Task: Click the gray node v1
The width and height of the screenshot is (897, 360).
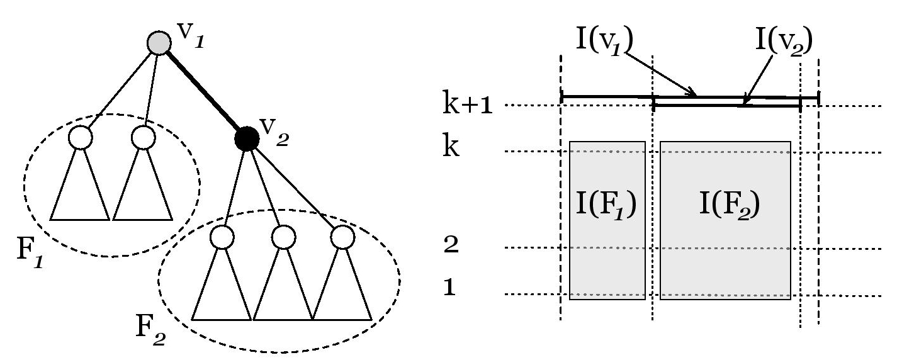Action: point(159,43)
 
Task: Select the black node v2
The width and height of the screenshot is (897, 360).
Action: point(247,138)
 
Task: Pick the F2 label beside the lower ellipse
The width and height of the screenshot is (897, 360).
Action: point(150,330)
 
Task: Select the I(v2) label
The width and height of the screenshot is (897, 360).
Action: point(784,40)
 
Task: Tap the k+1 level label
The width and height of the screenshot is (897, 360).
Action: point(467,103)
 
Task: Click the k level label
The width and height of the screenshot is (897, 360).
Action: point(451,145)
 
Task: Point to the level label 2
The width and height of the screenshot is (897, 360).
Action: point(451,244)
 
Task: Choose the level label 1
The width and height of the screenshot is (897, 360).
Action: point(450,287)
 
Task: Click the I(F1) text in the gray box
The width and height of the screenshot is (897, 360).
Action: point(606,205)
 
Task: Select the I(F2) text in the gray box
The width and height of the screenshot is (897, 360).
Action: point(729,205)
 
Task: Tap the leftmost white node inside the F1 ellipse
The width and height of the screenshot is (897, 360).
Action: point(81,137)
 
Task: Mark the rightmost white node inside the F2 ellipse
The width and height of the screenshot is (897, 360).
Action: point(343,237)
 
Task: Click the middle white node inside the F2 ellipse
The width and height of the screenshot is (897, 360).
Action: point(283,237)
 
